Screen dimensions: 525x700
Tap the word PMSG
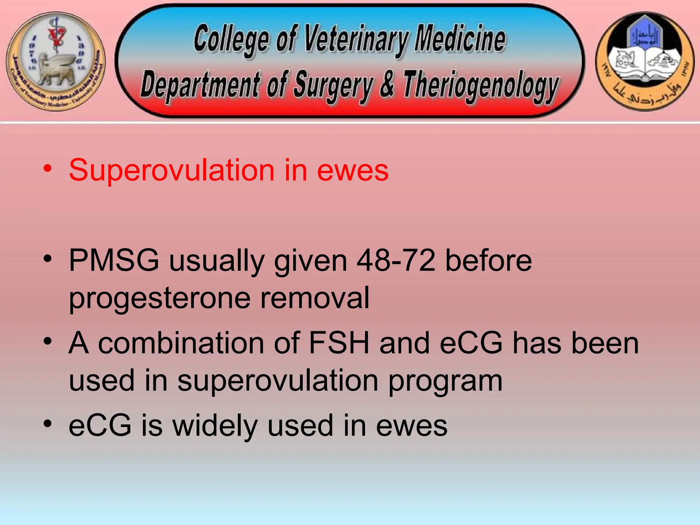[114, 260]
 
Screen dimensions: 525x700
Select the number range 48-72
[396, 260]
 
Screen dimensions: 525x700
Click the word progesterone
[160, 298]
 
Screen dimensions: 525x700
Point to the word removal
[315, 298]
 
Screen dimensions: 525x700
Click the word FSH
[339, 343]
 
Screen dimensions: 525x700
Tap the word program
[445, 381]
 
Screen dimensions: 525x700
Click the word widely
[215, 426]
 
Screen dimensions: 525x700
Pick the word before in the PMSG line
[488, 260]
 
